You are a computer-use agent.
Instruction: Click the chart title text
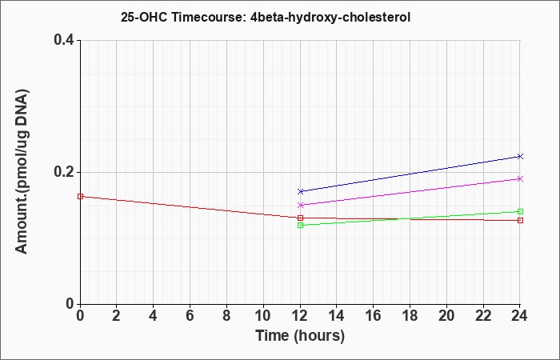coord(266,17)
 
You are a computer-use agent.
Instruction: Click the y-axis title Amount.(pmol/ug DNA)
coord(22,172)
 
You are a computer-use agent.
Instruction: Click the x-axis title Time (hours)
coord(300,336)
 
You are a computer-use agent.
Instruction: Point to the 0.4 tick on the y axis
coord(64,40)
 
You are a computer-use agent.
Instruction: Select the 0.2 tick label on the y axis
coord(64,172)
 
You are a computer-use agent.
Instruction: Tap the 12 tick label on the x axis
coord(300,316)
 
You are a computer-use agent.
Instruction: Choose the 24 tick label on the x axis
coord(520,316)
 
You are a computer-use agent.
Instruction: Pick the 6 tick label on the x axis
coord(190,316)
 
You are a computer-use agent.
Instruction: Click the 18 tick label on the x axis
coord(410,316)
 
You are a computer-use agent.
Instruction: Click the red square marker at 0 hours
coord(80,197)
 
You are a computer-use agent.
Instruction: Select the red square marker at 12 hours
coord(300,218)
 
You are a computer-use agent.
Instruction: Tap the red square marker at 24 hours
coord(520,220)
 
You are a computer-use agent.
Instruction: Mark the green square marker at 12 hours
coord(300,225)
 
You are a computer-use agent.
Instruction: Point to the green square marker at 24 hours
coord(520,211)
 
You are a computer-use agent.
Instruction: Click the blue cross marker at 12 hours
coord(300,191)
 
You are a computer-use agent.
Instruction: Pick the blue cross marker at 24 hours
coord(520,156)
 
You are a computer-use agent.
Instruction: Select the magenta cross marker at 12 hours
coord(300,205)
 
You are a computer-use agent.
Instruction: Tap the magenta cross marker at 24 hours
coord(520,178)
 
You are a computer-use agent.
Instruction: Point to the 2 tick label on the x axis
coord(117,316)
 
